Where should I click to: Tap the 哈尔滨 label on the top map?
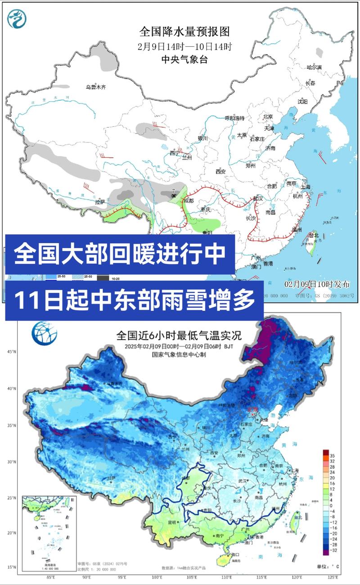314,67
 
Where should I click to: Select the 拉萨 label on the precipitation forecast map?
99,202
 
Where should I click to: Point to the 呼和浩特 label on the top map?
234,118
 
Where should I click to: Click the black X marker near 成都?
174,196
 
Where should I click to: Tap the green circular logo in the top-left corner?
17,18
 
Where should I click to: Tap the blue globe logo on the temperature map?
44,333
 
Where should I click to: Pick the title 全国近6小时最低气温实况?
179,335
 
